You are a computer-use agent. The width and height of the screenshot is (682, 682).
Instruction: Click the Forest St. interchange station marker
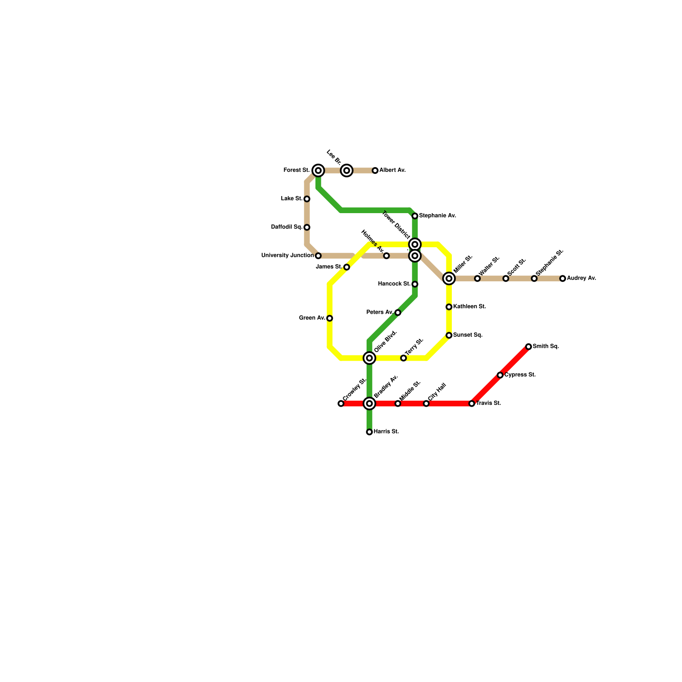[318, 170]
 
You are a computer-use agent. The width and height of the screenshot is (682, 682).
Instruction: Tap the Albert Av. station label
[393, 170]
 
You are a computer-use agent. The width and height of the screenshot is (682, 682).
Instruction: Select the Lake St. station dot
[307, 199]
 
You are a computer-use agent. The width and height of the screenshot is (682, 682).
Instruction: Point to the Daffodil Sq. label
[286, 227]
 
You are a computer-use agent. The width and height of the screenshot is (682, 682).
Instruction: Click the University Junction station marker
[318, 256]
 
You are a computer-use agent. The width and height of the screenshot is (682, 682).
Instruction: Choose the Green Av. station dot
[329, 318]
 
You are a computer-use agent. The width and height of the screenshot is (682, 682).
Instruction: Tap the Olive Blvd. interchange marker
[370, 358]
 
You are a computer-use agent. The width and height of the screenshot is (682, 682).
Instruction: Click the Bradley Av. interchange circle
[370, 403]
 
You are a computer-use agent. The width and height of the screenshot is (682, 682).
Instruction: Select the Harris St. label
[386, 432]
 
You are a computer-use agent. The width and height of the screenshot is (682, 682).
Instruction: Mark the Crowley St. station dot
[341, 403]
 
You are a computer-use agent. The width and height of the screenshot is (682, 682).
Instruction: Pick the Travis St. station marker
[472, 403]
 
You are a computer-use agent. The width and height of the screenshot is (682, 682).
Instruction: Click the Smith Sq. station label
[546, 347]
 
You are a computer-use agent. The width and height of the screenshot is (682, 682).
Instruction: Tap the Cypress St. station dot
[500, 375]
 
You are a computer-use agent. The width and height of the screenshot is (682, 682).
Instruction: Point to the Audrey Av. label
[581, 278]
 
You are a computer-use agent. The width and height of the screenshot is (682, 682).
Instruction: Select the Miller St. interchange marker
[449, 278]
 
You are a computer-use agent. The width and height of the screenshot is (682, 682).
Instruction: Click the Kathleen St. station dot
[449, 307]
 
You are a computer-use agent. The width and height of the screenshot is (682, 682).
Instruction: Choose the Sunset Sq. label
[468, 335]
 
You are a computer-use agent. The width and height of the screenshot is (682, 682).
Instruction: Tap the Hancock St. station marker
[415, 284]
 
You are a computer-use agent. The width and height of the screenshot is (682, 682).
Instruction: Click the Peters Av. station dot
[398, 313]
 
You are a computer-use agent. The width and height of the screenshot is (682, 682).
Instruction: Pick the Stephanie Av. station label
[437, 216]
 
